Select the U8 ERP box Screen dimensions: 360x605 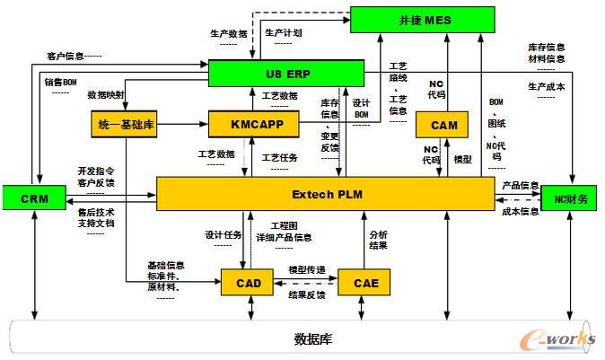coord(285,72)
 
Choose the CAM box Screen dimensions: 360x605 coord(439,125)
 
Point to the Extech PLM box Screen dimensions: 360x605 coord(325,195)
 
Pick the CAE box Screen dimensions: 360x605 coord(364,283)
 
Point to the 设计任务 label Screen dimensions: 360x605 coord(224,235)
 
